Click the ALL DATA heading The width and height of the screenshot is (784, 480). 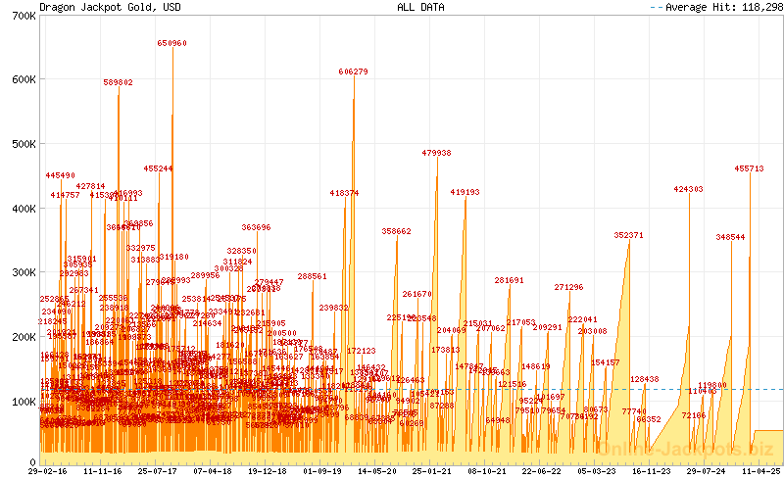(420, 7)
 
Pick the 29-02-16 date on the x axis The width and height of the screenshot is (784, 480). (47, 471)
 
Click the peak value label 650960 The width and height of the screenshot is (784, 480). (172, 44)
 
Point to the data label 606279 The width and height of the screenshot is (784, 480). (354, 72)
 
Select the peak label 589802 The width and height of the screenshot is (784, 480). (119, 83)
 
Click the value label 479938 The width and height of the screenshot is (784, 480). (437, 154)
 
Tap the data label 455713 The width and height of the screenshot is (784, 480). (750, 169)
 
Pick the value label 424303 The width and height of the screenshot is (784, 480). (689, 189)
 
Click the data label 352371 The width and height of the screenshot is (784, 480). (629, 236)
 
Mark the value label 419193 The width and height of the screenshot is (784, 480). (465, 193)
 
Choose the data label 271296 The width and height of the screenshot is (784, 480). (568, 288)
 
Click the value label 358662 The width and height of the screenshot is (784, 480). (397, 232)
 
